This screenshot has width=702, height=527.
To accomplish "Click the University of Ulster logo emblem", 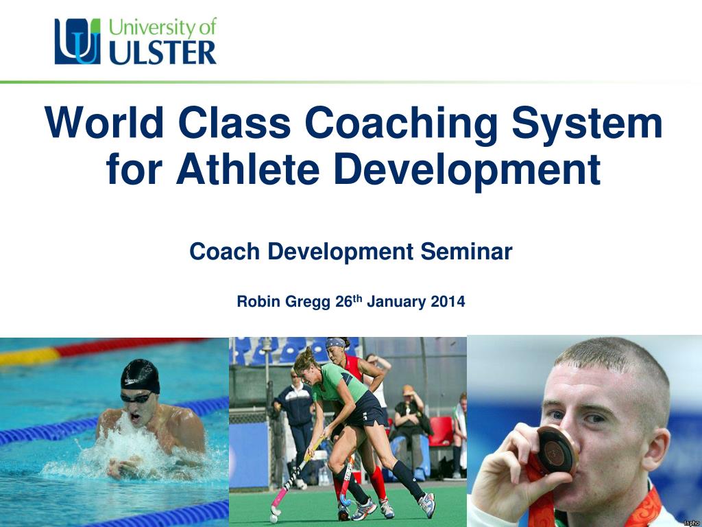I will (77, 41).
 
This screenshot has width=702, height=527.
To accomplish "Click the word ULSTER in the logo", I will (162, 52).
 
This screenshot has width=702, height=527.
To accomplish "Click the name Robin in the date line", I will (258, 301).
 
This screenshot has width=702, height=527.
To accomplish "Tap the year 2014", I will (448, 301).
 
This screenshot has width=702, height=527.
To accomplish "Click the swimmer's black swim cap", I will (140, 375).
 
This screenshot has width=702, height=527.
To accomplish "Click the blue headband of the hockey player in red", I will (336, 342).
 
